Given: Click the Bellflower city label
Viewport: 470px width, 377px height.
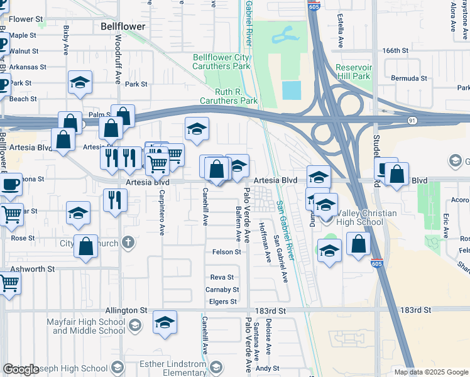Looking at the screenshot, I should pyautogui.click(x=123, y=27).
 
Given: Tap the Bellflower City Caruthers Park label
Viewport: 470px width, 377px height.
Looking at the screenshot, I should pyautogui.click(x=221, y=62).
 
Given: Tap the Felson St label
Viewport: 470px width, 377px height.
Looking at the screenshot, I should pyautogui.click(x=225, y=252).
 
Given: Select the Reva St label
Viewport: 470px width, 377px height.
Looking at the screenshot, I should pyautogui.click(x=222, y=277).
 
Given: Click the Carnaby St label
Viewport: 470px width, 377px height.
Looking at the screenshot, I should pyautogui.click(x=222, y=290).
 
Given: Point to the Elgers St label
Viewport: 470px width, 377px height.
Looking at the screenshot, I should pyautogui.click(x=224, y=302).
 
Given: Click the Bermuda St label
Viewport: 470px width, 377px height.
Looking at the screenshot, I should pyautogui.click(x=409, y=79).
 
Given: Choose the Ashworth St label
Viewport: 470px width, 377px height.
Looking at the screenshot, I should pyautogui.click(x=32, y=268).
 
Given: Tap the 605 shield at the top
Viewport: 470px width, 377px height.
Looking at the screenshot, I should pyautogui.click(x=314, y=7).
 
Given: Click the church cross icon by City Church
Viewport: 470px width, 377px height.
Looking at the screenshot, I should pyautogui.click(x=128, y=242).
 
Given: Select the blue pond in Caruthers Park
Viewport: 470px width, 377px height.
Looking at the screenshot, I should pyautogui.click(x=291, y=90).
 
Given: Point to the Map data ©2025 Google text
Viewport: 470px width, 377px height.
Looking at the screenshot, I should pyautogui.click(x=430, y=372).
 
